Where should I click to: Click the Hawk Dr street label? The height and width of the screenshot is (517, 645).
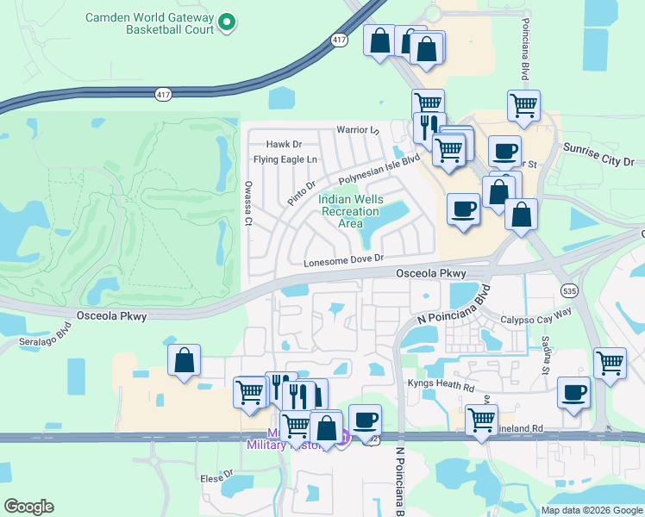coord(284,145)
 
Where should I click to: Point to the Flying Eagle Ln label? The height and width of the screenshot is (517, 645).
coord(285,159)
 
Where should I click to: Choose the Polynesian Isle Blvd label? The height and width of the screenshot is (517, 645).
coord(379,169)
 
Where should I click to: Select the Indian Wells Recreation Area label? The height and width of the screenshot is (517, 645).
coord(350,211)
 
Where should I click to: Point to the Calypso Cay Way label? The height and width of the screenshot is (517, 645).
coord(536,318)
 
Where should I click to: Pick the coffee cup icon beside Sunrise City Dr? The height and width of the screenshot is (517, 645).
coord(504,151)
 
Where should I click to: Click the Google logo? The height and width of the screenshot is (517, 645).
coord(28,507)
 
